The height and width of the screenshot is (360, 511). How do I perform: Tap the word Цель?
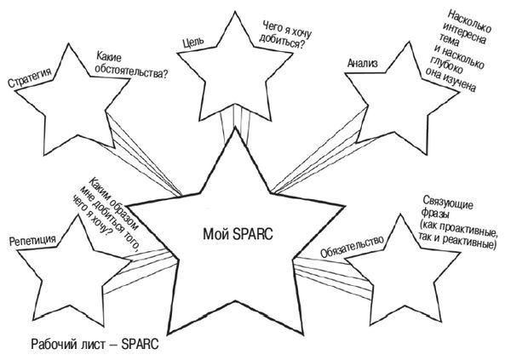click(191, 42)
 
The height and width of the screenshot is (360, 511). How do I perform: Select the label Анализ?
click(362, 66)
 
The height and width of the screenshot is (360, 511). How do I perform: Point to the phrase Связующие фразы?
click(444, 208)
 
